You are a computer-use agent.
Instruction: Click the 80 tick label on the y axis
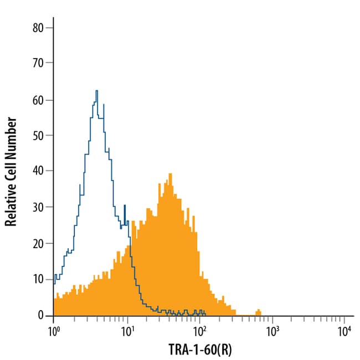(x=38, y=28)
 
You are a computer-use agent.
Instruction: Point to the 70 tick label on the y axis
(x=38, y=64)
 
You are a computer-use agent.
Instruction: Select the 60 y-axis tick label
(x=38, y=100)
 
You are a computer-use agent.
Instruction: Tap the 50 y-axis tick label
(x=38, y=136)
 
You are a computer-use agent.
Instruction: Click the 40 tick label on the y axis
(x=38, y=172)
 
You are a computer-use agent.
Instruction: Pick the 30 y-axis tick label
(x=38, y=208)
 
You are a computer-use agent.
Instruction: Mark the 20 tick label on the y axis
(x=38, y=244)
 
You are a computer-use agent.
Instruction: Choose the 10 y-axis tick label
(x=38, y=280)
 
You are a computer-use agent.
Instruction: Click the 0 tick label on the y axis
(x=42, y=315)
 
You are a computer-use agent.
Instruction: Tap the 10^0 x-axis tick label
(x=54, y=331)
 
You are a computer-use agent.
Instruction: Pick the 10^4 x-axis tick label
(x=344, y=331)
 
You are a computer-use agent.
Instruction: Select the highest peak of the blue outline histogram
(x=96, y=91)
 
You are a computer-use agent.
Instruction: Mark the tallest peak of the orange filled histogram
(x=171, y=174)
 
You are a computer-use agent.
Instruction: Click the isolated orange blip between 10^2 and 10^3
(x=258, y=311)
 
